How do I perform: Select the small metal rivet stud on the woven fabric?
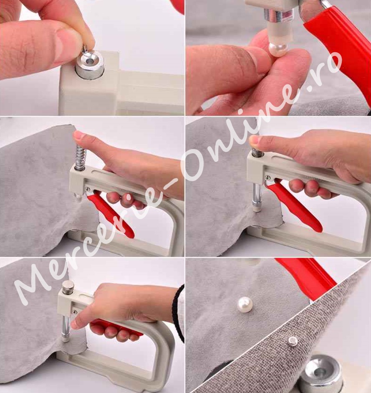coord(293,341)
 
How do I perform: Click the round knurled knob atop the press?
coord(68,287)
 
